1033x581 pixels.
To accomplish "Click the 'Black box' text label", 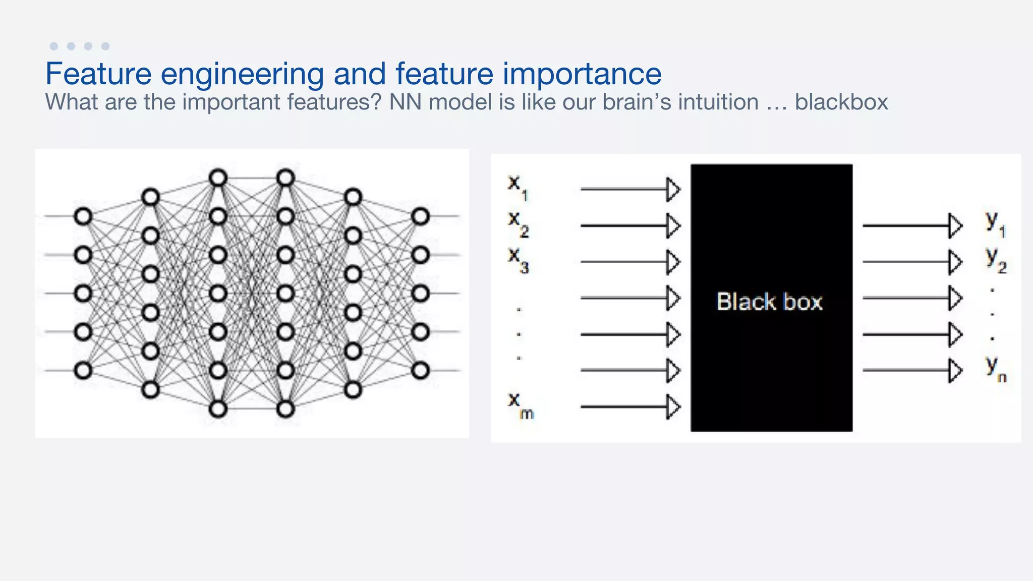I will [x=770, y=302].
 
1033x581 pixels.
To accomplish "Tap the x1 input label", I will [x=517, y=187].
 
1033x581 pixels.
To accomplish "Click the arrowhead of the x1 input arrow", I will [x=673, y=189].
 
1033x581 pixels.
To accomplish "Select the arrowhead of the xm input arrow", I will [x=673, y=406].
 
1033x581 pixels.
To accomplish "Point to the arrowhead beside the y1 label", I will [x=955, y=225].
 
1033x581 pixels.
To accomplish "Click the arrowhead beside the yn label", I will [x=955, y=370].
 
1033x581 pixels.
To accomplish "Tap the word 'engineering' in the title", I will [x=242, y=74].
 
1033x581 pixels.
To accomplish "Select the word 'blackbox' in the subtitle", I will [x=841, y=102].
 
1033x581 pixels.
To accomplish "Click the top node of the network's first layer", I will [x=83, y=216].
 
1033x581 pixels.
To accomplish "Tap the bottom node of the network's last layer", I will [x=420, y=371].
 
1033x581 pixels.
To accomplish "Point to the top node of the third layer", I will [x=218, y=178].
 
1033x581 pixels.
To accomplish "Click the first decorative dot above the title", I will [x=54, y=46].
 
